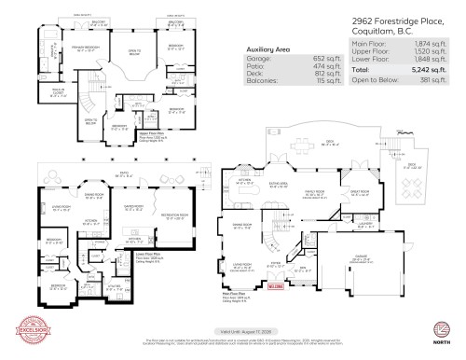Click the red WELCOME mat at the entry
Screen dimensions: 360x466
pos(275,287)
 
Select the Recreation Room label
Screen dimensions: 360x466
pos(175,215)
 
